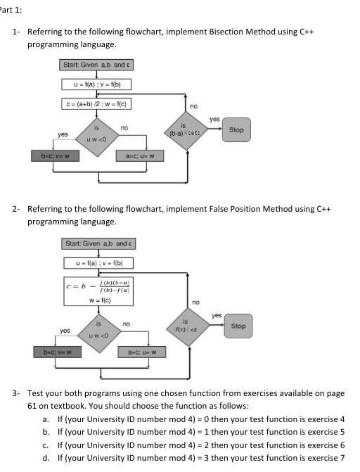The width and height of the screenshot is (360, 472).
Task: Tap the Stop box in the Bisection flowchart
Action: click(236, 129)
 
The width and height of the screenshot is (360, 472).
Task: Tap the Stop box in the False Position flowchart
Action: click(238, 326)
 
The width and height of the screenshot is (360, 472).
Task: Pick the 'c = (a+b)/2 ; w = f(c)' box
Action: click(97, 106)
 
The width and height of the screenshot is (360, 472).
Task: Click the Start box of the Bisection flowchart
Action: click(97, 65)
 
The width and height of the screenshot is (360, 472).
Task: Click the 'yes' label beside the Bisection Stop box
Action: click(214, 120)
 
